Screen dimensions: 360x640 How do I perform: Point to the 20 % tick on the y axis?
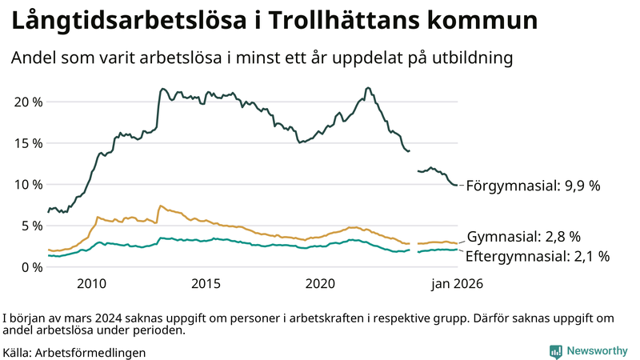[x=27, y=102]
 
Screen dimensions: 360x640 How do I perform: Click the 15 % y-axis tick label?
[x=27, y=143]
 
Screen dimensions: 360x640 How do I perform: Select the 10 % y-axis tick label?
[x=27, y=184]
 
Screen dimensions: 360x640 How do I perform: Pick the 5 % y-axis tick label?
[x=31, y=226]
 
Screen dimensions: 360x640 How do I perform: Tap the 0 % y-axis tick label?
[x=31, y=267]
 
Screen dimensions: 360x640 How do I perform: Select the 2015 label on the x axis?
[x=206, y=283]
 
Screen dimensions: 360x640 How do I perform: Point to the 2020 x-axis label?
[x=320, y=283]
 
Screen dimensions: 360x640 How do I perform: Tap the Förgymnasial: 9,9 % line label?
[x=533, y=186]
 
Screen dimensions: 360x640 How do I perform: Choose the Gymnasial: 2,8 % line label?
[x=523, y=237]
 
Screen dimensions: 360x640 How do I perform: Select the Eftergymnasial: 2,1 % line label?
[x=538, y=256]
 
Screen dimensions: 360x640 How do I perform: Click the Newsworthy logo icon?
[x=555, y=351]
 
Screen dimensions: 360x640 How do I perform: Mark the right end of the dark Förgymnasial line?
[x=457, y=186]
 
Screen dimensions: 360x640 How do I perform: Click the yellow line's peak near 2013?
[x=160, y=206]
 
